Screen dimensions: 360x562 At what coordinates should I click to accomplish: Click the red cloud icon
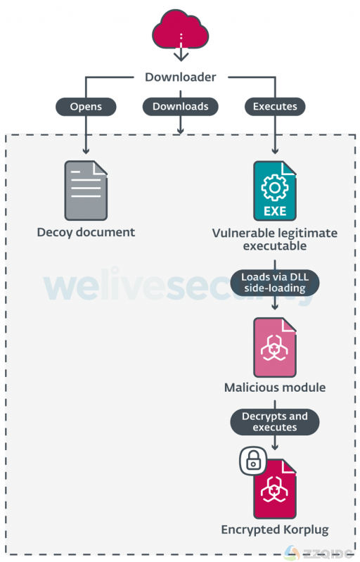pos(181,30)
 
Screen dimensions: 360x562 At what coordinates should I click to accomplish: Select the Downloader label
pos(181,77)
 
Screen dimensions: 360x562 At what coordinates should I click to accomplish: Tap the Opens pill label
pos(86,106)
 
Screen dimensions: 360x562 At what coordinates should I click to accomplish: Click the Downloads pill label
pos(181,106)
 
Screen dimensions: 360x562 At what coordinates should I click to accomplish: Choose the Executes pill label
pos(275,106)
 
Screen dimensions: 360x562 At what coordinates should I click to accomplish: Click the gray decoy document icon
pos(86,191)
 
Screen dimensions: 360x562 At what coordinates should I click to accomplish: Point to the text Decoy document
pos(86,232)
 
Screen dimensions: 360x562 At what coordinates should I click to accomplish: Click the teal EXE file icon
pos(275,191)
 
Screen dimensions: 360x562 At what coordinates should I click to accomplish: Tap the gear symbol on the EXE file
pos(275,187)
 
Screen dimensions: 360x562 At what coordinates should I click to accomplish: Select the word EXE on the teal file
pos(275,211)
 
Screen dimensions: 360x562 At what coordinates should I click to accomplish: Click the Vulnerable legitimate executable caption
pos(275,239)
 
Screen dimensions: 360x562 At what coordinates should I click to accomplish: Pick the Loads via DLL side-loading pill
pos(275,283)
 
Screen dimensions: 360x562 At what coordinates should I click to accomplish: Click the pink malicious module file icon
pos(275,347)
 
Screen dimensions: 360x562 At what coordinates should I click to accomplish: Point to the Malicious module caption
pos(275,388)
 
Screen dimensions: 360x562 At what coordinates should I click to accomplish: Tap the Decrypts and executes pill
pos(275,422)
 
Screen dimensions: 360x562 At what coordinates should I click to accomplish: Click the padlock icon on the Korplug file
pos(253,460)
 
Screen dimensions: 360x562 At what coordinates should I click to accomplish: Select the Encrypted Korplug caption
pos(275,530)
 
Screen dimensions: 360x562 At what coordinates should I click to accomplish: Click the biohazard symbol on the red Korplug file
pos(274,489)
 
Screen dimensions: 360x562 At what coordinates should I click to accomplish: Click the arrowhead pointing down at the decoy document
pos(86,151)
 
